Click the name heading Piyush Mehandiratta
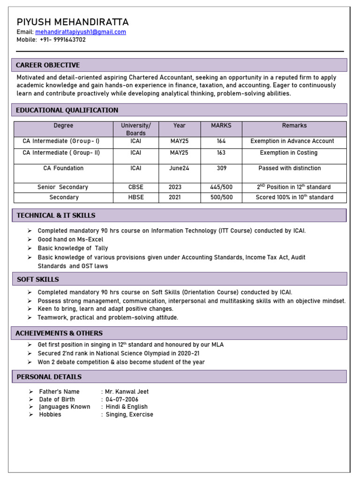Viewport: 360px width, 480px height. (x=73, y=22)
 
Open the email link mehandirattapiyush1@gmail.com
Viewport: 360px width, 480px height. (x=81, y=32)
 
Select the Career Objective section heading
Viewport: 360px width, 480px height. (x=48, y=65)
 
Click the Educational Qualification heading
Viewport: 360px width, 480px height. (x=67, y=110)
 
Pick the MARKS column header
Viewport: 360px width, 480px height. (x=221, y=126)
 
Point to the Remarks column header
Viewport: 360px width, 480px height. (x=294, y=126)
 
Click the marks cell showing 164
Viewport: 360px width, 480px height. (x=221, y=141)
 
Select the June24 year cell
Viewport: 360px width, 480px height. (x=179, y=168)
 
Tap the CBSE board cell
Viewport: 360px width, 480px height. (x=136, y=187)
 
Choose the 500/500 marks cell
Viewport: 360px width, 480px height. (x=221, y=197)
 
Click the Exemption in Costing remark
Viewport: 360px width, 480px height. (x=288, y=153)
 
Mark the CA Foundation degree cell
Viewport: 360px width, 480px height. (x=63, y=168)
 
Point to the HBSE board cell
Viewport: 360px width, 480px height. (x=136, y=197)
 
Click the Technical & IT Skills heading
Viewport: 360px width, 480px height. (x=56, y=216)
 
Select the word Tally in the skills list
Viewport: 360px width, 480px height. (x=101, y=248)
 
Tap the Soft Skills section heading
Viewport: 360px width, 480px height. (x=38, y=279)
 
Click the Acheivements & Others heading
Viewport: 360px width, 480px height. (x=59, y=333)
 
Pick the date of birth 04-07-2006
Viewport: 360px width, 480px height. (x=122, y=399)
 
